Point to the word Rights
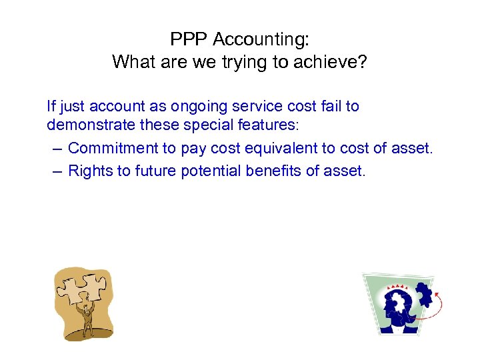pyautogui.click(x=91, y=171)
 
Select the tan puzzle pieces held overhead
pyautogui.click(x=79, y=289)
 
